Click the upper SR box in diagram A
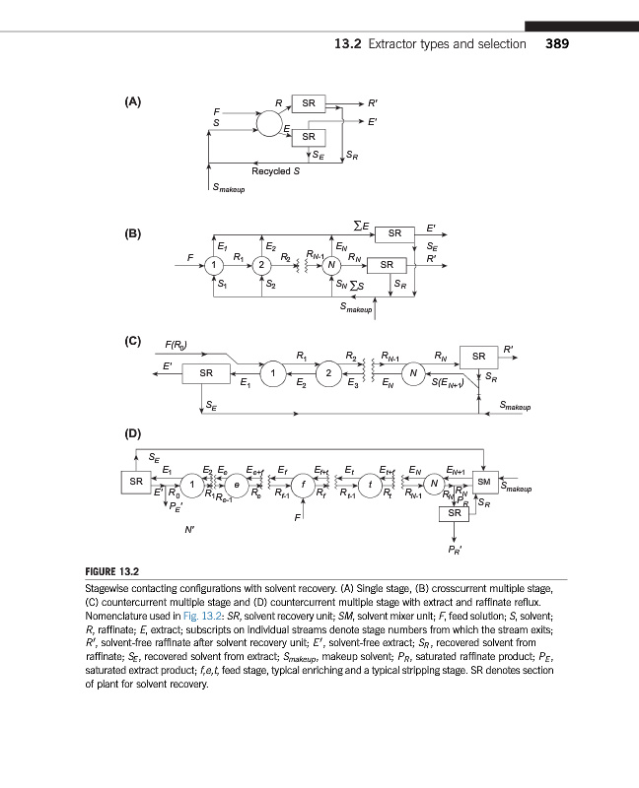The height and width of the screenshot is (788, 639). coord(309,103)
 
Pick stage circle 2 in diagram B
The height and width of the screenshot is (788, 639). coord(260,265)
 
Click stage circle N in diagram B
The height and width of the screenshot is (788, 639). coord(332,265)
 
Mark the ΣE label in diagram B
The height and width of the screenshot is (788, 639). coord(361,228)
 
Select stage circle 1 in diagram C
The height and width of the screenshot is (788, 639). coord(268,372)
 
